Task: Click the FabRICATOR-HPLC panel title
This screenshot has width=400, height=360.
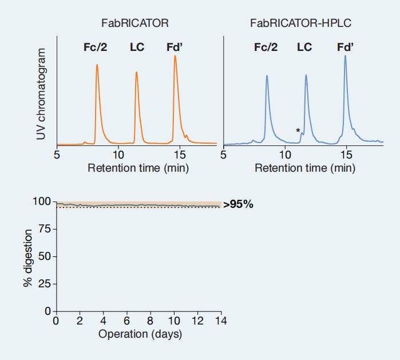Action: pyautogui.click(x=300, y=23)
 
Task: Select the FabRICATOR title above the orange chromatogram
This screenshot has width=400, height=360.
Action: pyautogui.click(x=135, y=23)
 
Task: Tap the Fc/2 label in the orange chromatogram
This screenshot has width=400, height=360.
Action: pyautogui.click(x=96, y=47)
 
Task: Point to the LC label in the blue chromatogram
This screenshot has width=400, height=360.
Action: pyautogui.click(x=304, y=47)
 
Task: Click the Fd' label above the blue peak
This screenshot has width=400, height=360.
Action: pyautogui.click(x=345, y=47)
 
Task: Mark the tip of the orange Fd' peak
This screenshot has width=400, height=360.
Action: pyautogui.click(x=175, y=56)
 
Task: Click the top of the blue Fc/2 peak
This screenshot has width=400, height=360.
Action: pyautogui.click(x=267, y=76)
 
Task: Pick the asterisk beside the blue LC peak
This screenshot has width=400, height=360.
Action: pyautogui.click(x=298, y=131)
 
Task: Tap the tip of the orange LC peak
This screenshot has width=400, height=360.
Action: pyautogui.click(x=136, y=72)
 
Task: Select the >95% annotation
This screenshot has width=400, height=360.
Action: pyautogui.click(x=238, y=205)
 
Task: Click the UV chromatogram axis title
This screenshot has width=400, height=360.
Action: pyautogui.click(x=41, y=94)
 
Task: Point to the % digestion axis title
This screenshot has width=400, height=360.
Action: pyautogui.click(x=27, y=258)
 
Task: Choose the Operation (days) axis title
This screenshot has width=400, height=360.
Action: pyautogui.click(x=140, y=334)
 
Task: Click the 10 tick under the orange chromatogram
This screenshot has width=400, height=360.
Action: pyautogui.click(x=118, y=155)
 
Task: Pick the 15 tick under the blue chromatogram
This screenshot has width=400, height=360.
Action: pyautogui.click(x=346, y=155)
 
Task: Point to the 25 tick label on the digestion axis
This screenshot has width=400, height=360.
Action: pyautogui.click(x=45, y=284)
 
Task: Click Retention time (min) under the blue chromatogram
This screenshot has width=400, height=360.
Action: pyautogui.click(x=305, y=168)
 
